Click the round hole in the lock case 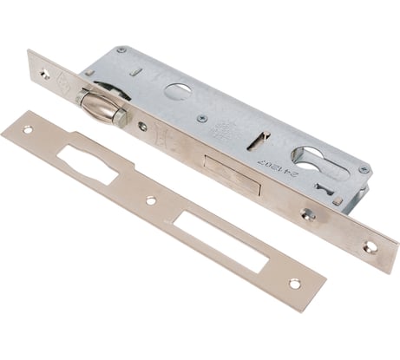coord(180,92)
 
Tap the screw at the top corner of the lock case coord(121,50)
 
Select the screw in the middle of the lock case coord(201,118)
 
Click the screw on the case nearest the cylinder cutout coord(363,169)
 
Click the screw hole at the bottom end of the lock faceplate coord(371,246)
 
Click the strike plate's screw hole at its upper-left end coord(27,130)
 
